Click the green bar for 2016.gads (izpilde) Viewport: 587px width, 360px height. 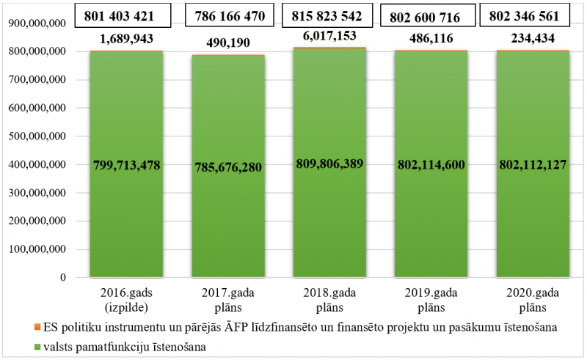(126, 220)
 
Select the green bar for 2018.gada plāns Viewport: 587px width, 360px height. (329, 220)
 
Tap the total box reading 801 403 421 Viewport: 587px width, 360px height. (126, 15)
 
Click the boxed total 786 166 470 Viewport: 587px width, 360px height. (227, 15)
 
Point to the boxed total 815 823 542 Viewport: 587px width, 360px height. (329, 15)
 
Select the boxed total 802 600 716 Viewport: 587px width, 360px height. (431, 15)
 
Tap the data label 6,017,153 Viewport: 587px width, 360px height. (329, 35)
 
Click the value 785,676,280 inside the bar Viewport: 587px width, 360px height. (227, 167)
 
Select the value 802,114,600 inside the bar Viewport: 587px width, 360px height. (431, 165)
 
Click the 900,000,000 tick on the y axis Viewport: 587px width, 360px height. (37, 23)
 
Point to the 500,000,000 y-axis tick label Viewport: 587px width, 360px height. (37, 136)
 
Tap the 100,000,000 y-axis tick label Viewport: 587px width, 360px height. (37, 249)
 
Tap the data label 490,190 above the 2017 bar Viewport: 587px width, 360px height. (227, 43)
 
